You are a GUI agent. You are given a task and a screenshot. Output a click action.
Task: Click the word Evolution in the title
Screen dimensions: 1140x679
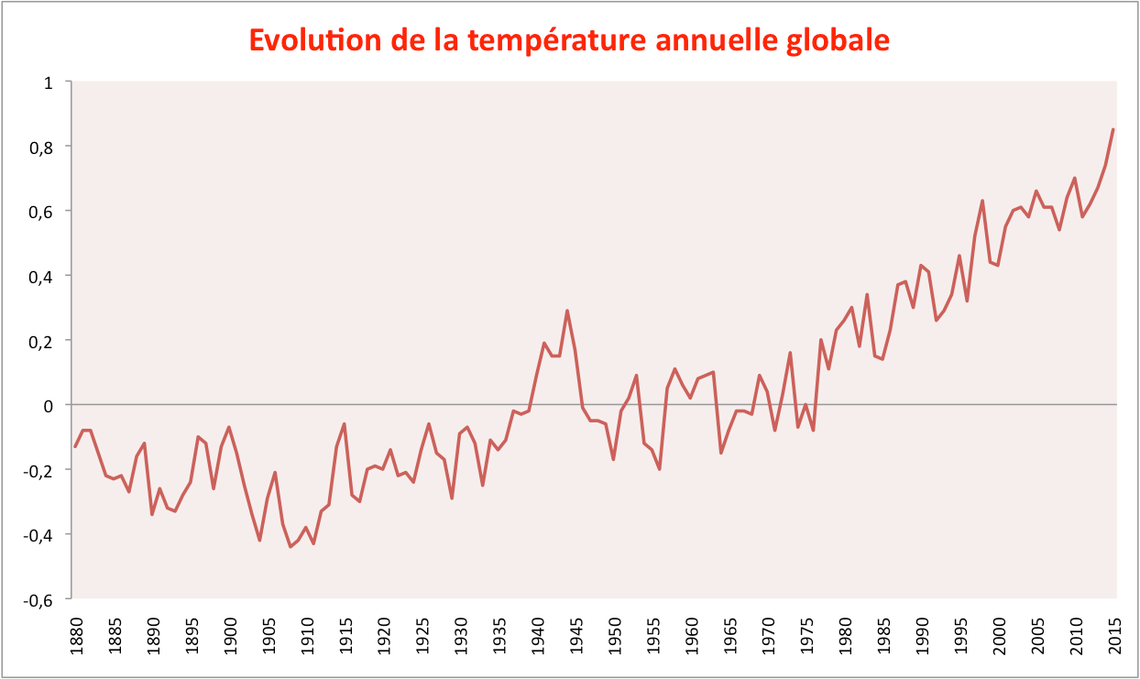(315, 40)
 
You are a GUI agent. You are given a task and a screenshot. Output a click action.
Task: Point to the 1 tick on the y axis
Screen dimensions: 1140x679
(49, 82)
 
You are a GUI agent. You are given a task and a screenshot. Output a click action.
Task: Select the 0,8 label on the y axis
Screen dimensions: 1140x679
(41, 148)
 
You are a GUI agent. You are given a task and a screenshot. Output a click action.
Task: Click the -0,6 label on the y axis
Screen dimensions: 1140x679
(38, 600)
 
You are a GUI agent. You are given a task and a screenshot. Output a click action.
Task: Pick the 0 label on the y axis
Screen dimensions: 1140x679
(49, 406)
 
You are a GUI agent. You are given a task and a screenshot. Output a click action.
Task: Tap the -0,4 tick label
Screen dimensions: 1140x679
(38, 535)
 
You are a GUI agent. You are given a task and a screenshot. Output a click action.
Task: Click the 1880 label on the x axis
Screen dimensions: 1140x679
(76, 636)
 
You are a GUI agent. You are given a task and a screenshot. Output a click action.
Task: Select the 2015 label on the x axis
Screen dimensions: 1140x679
(1114, 636)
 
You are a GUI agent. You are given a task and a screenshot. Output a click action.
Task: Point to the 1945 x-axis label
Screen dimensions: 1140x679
(576, 636)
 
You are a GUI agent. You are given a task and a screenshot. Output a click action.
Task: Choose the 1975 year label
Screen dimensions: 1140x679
(807, 636)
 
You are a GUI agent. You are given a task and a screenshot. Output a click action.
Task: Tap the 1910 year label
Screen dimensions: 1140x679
(307, 636)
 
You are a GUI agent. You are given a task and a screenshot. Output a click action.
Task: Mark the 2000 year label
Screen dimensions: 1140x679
(1000, 636)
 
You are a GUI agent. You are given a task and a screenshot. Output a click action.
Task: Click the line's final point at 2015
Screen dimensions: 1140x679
(1113, 130)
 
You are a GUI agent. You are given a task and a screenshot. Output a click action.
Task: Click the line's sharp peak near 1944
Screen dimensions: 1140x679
(567, 311)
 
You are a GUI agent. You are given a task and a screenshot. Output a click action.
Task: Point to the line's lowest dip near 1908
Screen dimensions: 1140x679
(290, 547)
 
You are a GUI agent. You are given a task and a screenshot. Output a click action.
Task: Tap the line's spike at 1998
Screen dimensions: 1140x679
(982, 201)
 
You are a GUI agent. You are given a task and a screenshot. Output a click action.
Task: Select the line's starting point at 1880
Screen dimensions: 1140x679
(75, 446)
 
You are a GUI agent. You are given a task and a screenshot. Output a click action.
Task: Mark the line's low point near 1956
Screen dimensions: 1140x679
(660, 469)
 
